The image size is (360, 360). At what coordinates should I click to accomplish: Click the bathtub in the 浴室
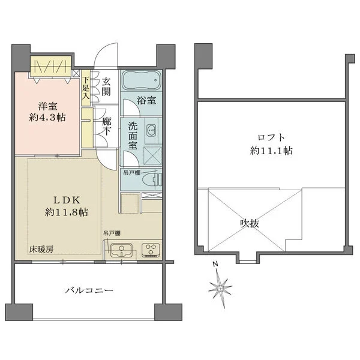[141, 80]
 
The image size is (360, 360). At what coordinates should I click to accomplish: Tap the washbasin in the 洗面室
[151, 131]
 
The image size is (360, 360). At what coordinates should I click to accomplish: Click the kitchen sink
[121, 250]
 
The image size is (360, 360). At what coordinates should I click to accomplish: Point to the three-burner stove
[151, 250]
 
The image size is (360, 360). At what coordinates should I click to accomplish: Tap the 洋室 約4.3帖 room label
[47, 112]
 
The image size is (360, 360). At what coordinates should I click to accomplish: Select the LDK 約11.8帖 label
[67, 206]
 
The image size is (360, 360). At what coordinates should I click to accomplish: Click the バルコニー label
[89, 290]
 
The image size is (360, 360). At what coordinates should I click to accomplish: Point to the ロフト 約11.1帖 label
[271, 144]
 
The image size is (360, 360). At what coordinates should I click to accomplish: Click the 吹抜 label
[250, 223]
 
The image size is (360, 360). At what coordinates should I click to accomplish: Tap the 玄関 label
[106, 87]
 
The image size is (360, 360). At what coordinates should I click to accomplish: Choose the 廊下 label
[107, 127]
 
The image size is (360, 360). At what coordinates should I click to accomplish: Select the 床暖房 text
[41, 250]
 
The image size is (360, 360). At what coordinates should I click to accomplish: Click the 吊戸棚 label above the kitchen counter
[112, 233]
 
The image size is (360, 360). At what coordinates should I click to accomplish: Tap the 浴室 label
[146, 100]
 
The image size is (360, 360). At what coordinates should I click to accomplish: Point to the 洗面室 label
[133, 136]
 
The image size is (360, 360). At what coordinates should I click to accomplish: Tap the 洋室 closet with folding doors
[51, 66]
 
